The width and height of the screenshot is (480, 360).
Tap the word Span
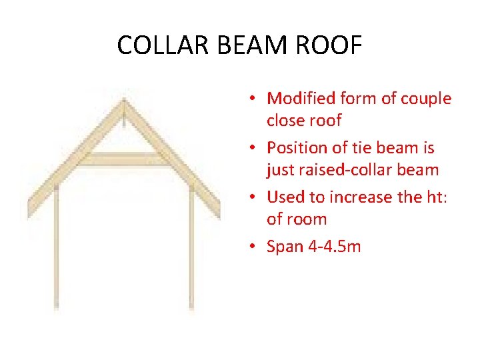pos(284,246)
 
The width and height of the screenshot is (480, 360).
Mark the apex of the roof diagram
pos(123,101)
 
